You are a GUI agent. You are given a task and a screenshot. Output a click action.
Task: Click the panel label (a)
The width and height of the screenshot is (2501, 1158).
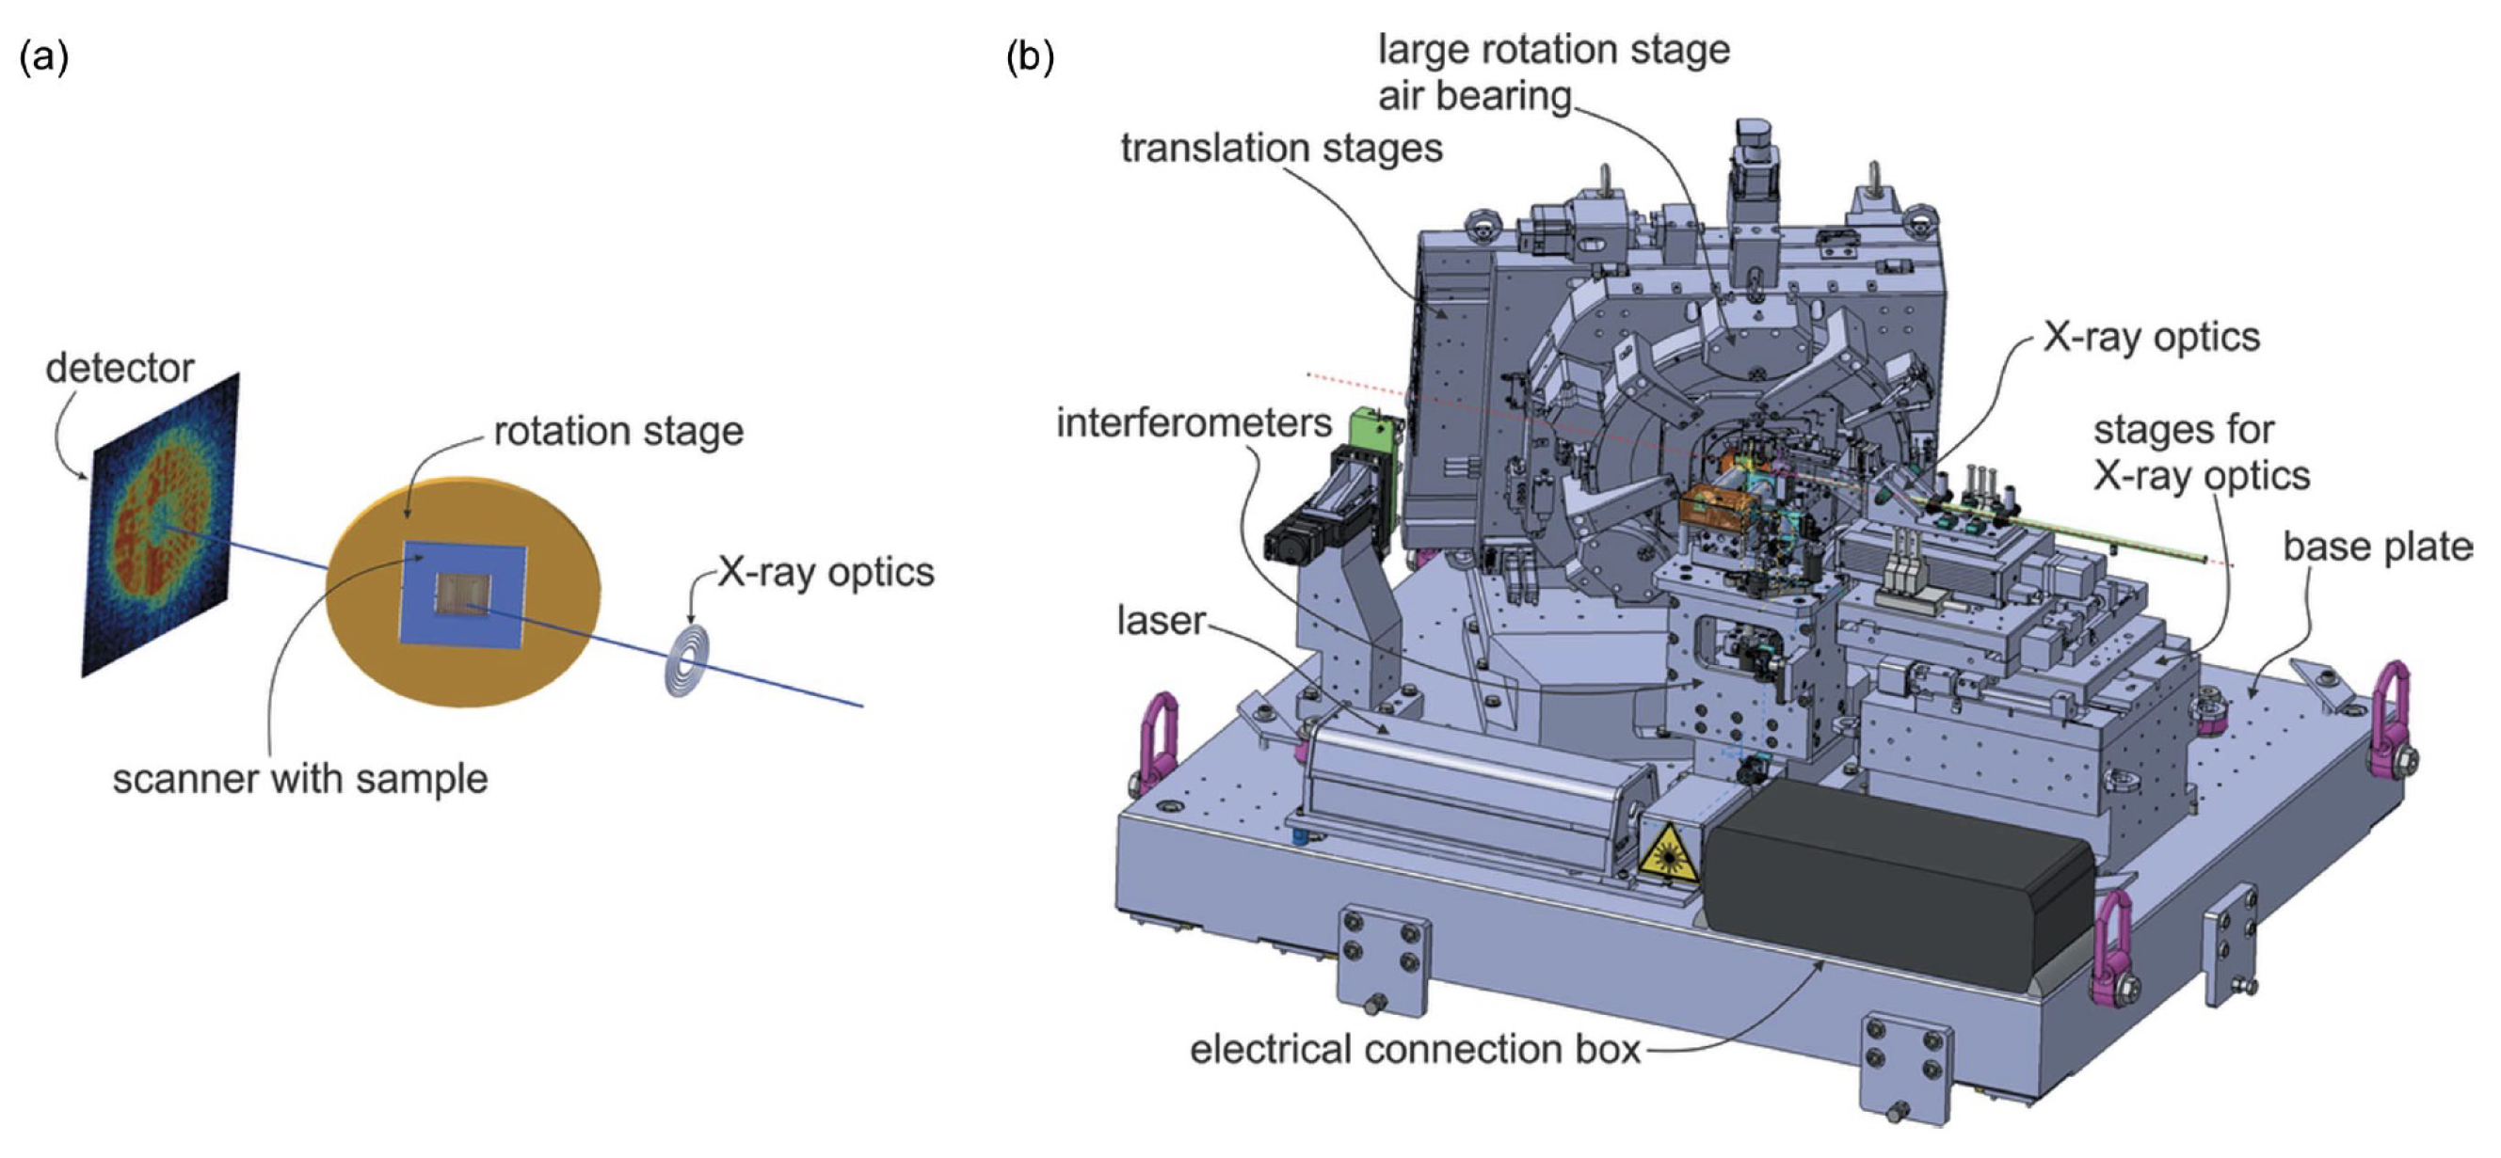click(43, 59)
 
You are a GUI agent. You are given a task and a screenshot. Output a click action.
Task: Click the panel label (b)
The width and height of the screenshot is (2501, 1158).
click(1030, 59)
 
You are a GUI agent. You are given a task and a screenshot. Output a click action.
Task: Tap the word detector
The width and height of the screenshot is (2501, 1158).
click(120, 369)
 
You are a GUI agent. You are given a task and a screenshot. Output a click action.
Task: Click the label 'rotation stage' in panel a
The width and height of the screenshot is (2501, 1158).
click(618, 431)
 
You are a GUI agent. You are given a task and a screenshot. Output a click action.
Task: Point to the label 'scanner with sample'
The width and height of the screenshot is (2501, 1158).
click(300, 780)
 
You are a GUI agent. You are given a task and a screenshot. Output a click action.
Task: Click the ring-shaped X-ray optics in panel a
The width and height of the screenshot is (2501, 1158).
click(686, 661)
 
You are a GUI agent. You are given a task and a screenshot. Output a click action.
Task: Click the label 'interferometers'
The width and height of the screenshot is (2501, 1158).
click(1194, 423)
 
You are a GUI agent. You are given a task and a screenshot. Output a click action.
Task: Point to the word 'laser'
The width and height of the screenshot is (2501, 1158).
click(1161, 621)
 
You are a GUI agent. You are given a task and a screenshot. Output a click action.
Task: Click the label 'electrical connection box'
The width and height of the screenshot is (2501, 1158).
click(1415, 1049)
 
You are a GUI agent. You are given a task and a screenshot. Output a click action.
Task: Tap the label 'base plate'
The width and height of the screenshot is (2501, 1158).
click(2377, 547)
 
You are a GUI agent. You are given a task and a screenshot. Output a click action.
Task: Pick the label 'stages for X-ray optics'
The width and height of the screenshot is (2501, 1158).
click(2200, 453)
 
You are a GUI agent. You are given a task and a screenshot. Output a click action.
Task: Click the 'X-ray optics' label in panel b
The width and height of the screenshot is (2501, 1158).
click(2151, 338)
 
